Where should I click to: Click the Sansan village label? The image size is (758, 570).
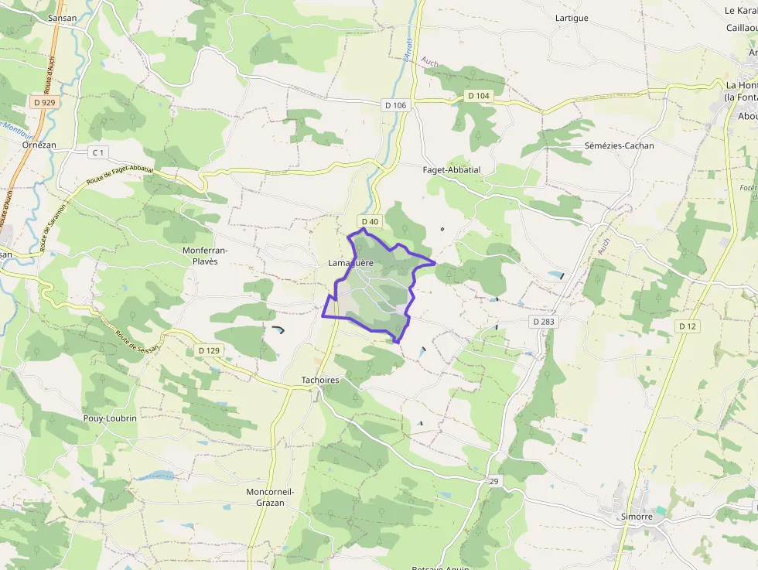63,17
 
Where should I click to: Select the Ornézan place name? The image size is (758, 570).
39,145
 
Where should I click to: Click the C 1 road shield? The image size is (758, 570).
97,152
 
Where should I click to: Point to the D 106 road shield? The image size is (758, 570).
394,105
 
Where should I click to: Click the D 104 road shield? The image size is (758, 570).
479,95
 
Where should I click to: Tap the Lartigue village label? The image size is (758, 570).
572,18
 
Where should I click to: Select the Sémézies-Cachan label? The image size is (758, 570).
619,145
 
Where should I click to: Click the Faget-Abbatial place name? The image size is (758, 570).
452,170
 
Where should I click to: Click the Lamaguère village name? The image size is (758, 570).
350,263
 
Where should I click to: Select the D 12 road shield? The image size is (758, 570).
688,326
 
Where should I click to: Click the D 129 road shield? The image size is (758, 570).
209,350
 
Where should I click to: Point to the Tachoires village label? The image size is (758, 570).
320,381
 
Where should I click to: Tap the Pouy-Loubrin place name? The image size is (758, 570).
110,418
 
